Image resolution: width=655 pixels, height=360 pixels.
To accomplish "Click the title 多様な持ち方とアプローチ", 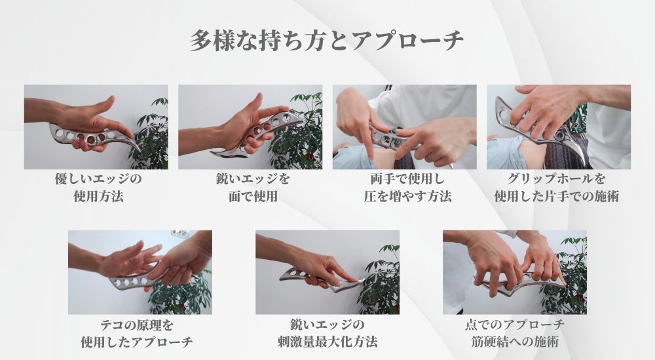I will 327,41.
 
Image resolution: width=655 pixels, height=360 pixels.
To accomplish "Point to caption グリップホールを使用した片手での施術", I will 558,187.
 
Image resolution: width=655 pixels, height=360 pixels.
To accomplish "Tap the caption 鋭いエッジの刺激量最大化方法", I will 327,333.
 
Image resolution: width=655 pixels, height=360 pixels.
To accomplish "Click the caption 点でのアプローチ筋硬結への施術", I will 514,333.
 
